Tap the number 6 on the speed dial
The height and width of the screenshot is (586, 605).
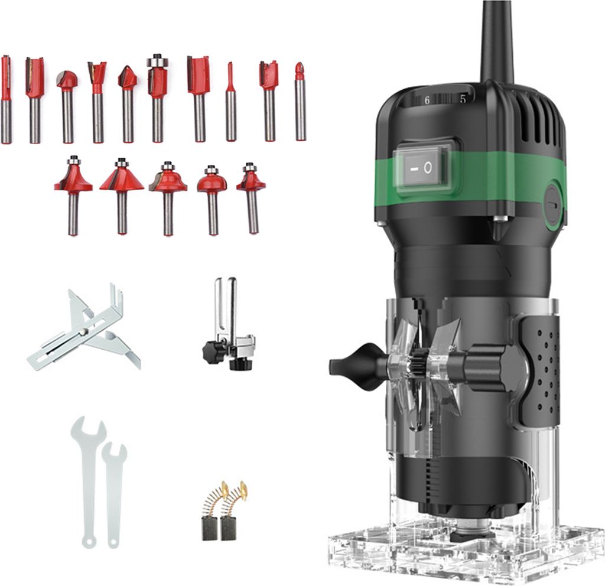pos(427,100)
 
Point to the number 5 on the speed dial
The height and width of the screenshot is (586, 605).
pos(463,99)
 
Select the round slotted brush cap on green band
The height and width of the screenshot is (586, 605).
pos(553,204)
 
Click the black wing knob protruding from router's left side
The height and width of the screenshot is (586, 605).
pos(354,366)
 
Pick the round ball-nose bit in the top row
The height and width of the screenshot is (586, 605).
pos(67,97)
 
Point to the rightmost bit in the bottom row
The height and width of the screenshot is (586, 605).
pos(251,195)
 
